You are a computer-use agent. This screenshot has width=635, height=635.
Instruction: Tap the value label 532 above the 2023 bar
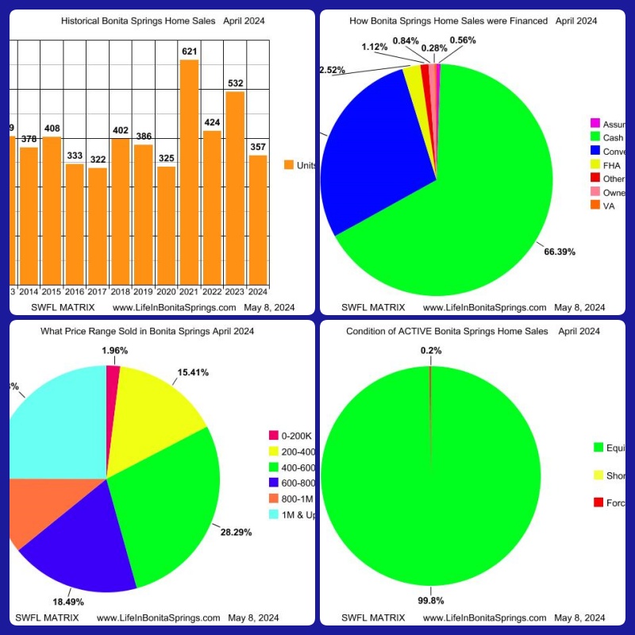click(x=234, y=83)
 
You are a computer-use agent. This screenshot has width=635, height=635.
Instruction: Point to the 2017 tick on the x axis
click(x=98, y=291)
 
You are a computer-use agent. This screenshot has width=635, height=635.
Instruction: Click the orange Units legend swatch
click(x=289, y=165)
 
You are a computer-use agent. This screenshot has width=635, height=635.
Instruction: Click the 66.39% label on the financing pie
click(x=560, y=252)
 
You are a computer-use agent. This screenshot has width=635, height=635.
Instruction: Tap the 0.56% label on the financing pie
click(x=463, y=40)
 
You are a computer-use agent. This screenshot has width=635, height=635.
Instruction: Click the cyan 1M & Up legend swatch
click(x=274, y=515)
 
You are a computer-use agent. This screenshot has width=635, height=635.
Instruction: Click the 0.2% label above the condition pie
click(x=431, y=350)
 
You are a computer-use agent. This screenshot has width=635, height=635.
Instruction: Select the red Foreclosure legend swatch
click(x=598, y=502)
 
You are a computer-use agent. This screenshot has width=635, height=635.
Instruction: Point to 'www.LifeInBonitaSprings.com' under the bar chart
click(x=175, y=307)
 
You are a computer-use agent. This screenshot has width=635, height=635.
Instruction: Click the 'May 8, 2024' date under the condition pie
click(x=579, y=618)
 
